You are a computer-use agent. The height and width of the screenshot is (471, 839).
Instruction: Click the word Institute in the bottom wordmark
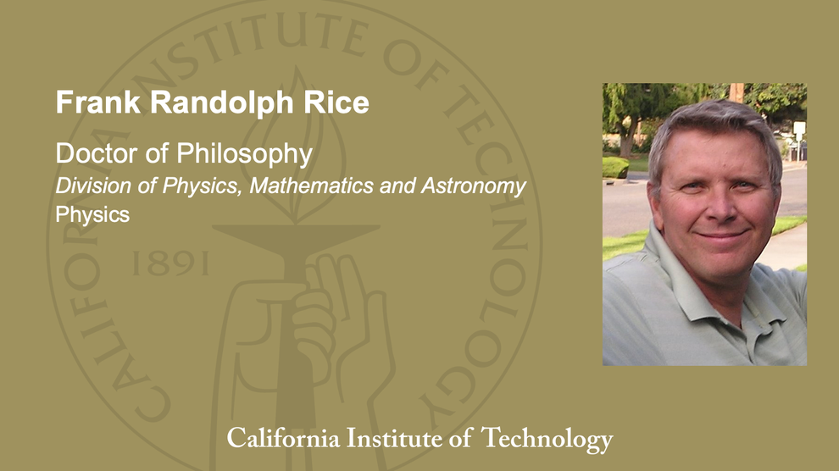[x=403, y=439]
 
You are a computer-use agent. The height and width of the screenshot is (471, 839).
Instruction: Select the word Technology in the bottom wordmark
[x=547, y=439]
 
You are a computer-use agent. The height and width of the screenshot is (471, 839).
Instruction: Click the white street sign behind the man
[x=798, y=130]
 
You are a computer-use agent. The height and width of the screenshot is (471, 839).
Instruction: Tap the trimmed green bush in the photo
[x=615, y=167]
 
